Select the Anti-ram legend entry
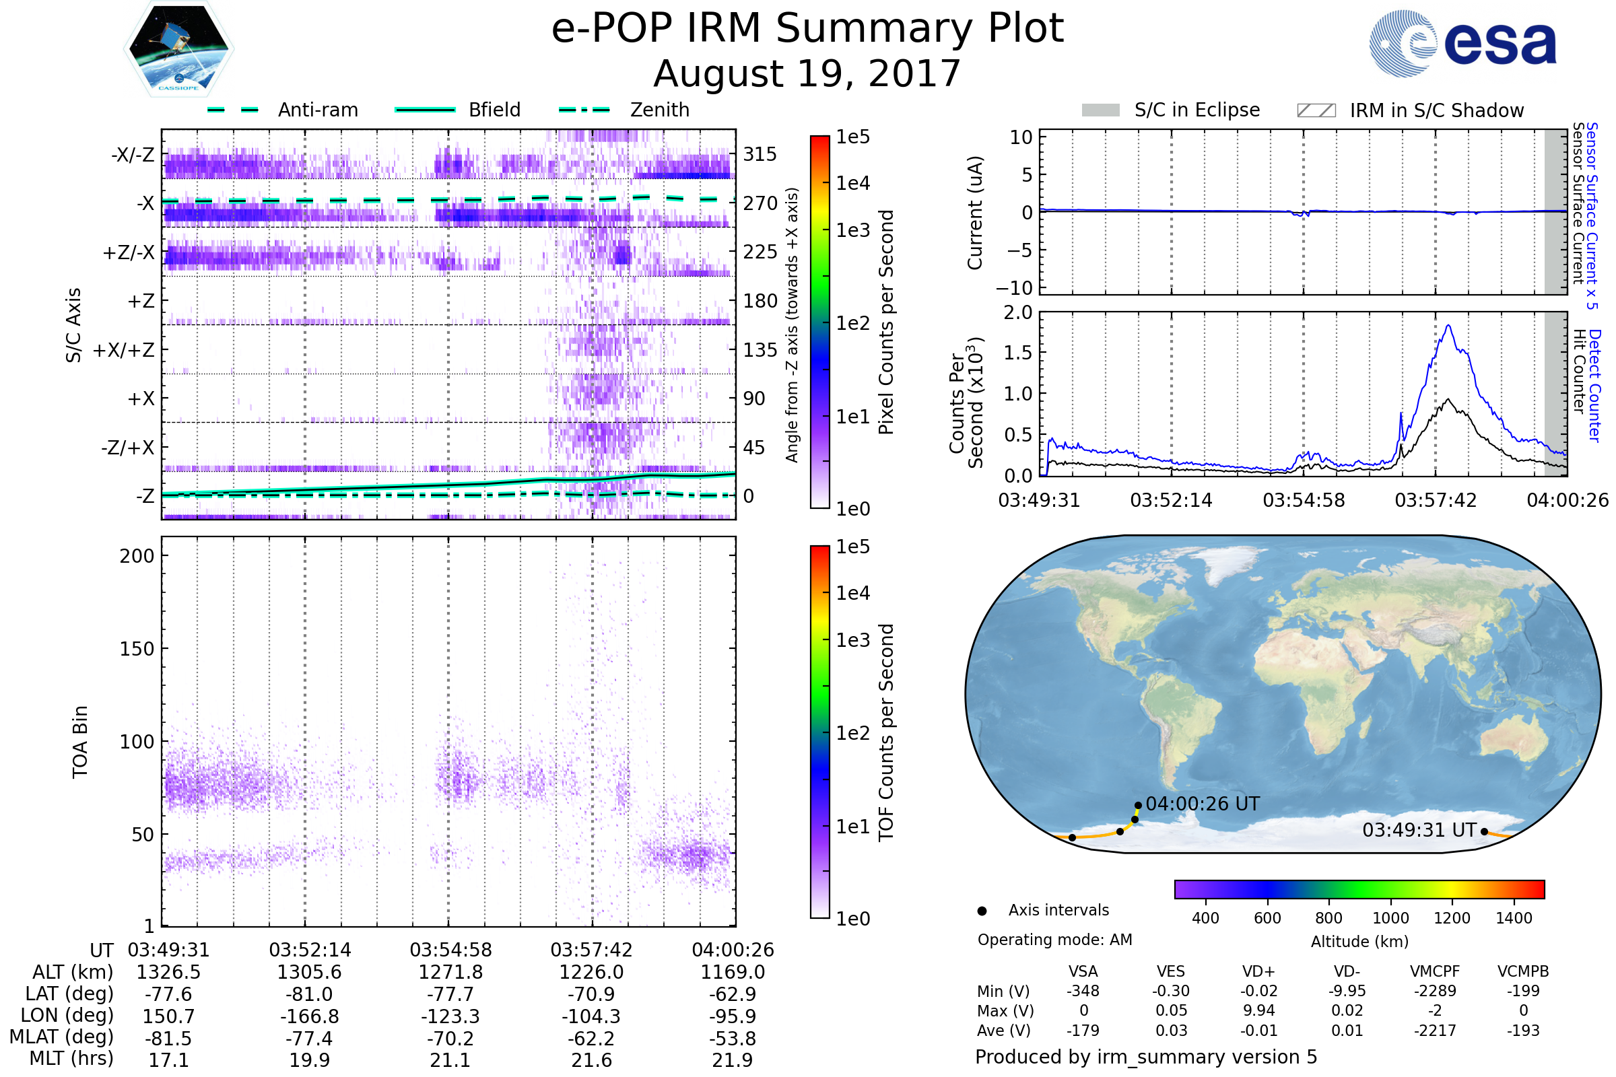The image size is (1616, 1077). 317,110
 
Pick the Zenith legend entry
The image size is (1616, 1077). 659,110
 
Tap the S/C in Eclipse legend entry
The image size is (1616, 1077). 1197,110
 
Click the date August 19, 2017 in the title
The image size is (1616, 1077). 807,73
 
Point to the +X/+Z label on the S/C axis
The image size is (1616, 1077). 124,350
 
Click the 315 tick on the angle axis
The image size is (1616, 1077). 760,154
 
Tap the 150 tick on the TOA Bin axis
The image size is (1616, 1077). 137,649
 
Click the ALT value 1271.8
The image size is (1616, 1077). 450,972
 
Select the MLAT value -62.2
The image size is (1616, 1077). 591,1039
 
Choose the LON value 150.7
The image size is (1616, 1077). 168,1016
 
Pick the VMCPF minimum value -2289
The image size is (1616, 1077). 1435,991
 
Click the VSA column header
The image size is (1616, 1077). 1083,971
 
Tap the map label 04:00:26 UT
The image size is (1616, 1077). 1203,804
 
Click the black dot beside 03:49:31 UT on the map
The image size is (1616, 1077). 1484,832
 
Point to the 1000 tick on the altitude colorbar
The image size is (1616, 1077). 1390,918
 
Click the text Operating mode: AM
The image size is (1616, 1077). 1054,940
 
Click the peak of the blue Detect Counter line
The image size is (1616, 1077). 1448,326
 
